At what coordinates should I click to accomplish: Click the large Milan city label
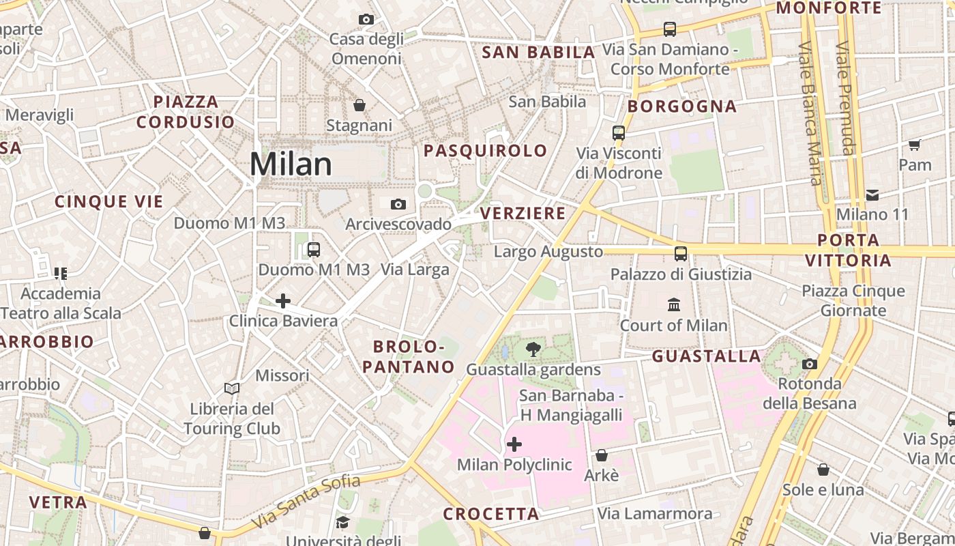[x=291, y=164]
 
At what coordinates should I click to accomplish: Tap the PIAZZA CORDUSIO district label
[x=186, y=112]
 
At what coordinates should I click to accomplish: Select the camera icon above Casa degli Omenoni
[x=366, y=19]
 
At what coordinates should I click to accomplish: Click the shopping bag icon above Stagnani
[x=359, y=105]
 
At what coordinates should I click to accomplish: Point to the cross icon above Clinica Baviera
[x=283, y=300]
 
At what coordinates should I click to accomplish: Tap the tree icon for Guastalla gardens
[x=533, y=349]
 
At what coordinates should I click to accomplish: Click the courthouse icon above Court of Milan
[x=674, y=304]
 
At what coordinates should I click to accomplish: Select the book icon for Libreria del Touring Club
[x=232, y=388]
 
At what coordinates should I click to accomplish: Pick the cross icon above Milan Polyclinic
[x=514, y=445]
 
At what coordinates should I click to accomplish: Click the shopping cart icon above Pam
[x=915, y=145]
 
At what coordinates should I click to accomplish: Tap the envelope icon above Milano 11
[x=872, y=195]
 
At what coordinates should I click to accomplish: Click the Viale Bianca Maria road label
[x=810, y=113]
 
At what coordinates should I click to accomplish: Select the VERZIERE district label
[x=523, y=214]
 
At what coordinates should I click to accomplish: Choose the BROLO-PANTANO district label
[x=409, y=357]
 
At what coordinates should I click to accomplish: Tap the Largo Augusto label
[x=548, y=252]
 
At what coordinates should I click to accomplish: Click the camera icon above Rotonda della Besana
[x=810, y=364]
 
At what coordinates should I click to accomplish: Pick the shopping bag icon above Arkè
[x=602, y=455]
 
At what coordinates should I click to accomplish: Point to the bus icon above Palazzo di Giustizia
[x=681, y=254]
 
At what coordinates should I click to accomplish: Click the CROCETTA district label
[x=491, y=514]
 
